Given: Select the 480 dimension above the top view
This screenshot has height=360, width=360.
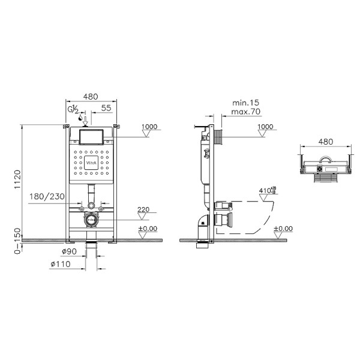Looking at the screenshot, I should point(325,142).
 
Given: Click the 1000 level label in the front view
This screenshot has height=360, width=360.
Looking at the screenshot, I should point(149,127).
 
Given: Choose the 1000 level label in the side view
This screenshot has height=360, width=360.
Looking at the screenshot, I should point(264,127).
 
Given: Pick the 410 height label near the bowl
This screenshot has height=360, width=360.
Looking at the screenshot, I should point(265,191).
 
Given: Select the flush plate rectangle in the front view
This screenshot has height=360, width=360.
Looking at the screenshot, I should point(91,136).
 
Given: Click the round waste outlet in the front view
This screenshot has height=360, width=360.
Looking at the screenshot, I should point(91,220).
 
